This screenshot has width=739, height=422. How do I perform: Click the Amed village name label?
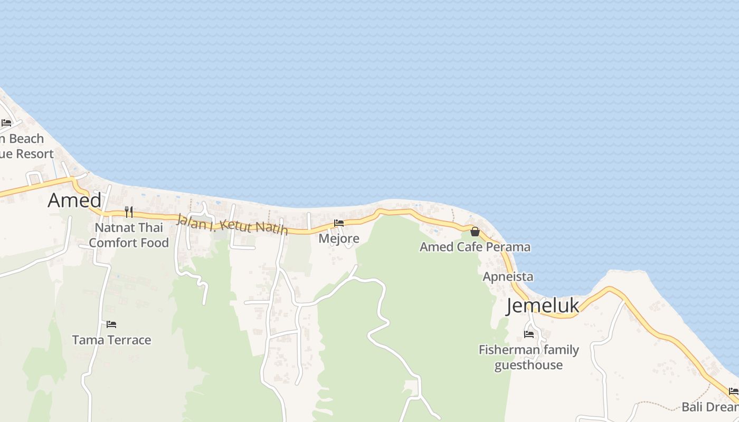click(74, 200)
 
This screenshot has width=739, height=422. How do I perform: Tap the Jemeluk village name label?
click(542, 306)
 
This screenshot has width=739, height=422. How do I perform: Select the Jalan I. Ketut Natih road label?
click(232, 224)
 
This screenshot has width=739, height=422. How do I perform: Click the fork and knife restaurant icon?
click(129, 212)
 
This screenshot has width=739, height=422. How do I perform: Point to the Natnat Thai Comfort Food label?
click(129, 235)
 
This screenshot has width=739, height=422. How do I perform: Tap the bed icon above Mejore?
click(339, 223)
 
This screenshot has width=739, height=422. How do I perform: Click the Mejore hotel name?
click(339, 238)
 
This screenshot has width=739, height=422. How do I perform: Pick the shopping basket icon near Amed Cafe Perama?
click(475, 231)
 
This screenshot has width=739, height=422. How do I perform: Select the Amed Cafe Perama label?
click(475, 247)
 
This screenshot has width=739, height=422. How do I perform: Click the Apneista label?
click(508, 277)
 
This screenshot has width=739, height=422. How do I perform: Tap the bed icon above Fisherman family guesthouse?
click(528, 334)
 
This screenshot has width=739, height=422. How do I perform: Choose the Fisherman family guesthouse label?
click(528, 357)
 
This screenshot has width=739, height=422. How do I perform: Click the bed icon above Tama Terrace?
click(111, 324)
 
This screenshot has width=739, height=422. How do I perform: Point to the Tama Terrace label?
click(111, 340)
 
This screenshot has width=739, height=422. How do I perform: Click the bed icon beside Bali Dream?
click(733, 391)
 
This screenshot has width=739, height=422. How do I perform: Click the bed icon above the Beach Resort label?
click(6, 123)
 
